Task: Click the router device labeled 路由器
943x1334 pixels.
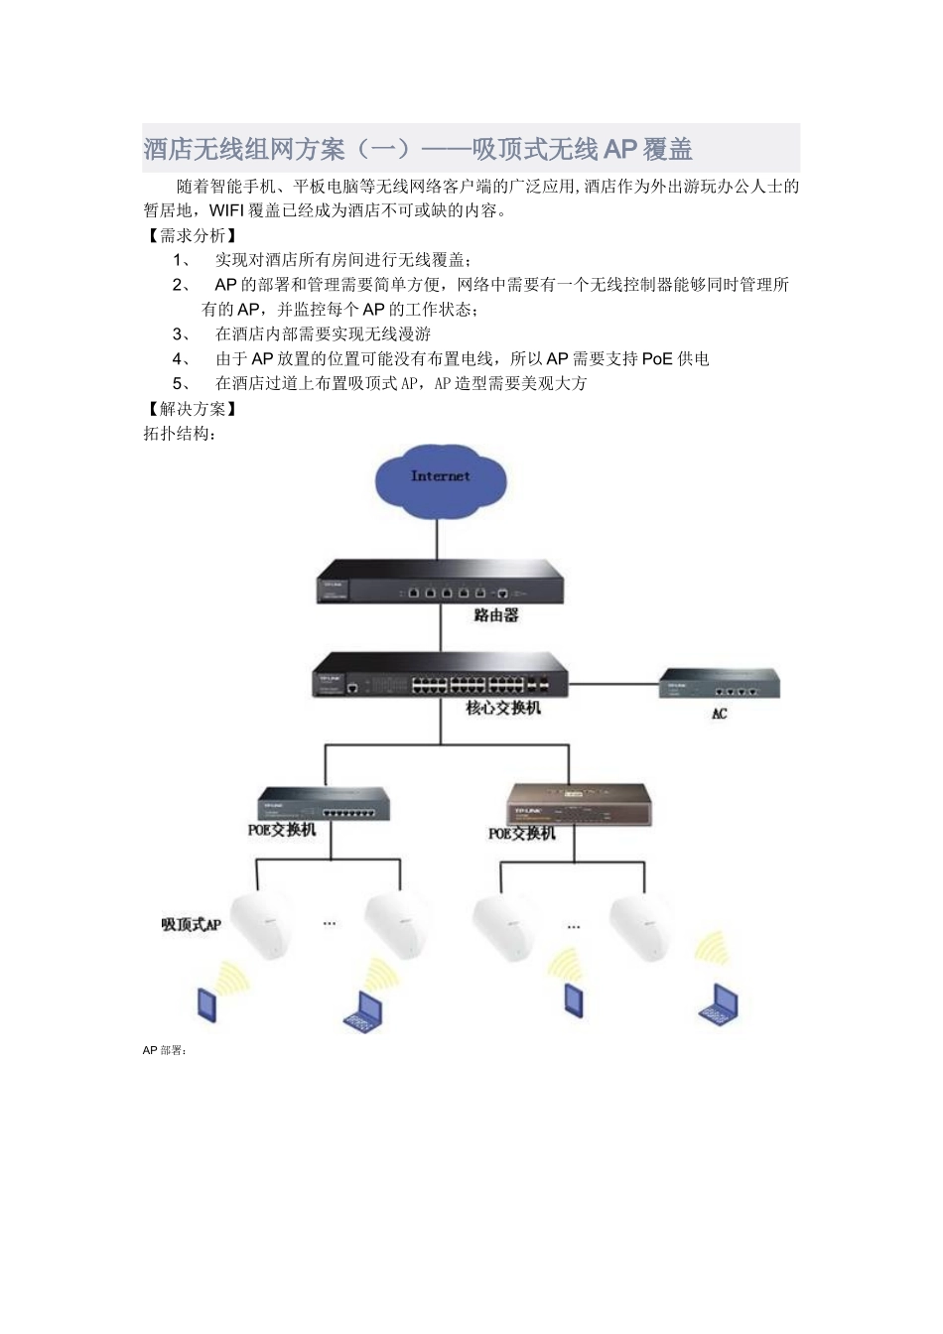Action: pyautogui.click(x=440, y=581)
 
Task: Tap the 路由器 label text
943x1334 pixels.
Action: pyautogui.click(x=496, y=615)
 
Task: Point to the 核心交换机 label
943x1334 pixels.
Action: pyautogui.click(x=503, y=709)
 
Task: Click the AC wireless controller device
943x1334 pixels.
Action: pyautogui.click(x=720, y=684)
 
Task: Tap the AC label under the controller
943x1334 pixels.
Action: pyautogui.click(x=720, y=714)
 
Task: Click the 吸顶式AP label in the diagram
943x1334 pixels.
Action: pyautogui.click(x=192, y=925)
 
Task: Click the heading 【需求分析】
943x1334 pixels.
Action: pyautogui.click(x=192, y=235)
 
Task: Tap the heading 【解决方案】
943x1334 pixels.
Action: pyautogui.click(x=192, y=409)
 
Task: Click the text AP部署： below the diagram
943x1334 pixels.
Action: pyautogui.click(x=165, y=1050)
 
